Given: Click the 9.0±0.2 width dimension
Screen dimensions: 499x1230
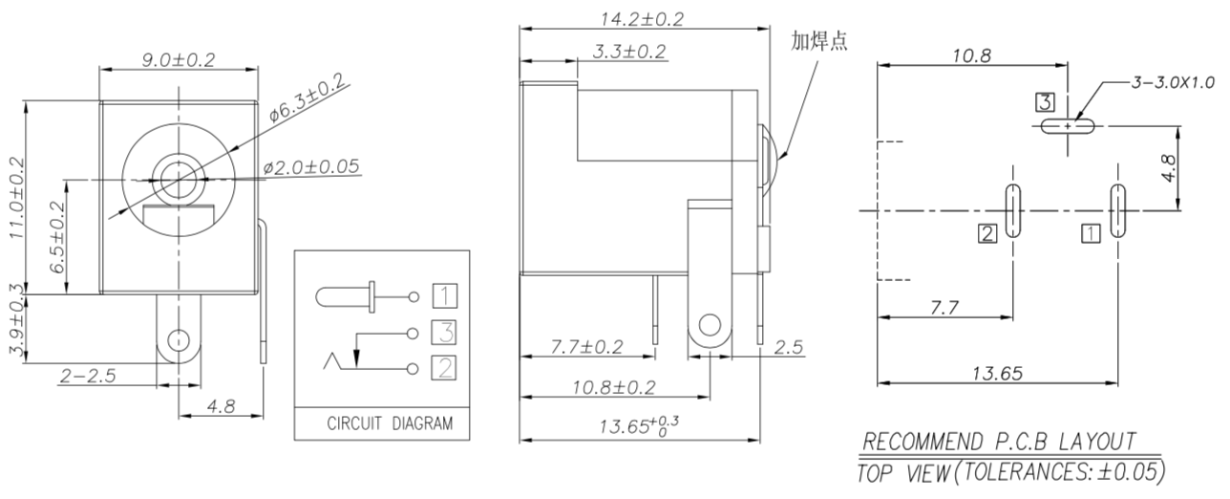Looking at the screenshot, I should pyautogui.click(x=179, y=59).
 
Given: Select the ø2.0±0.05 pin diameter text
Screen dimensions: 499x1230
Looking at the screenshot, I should pyautogui.click(x=311, y=166).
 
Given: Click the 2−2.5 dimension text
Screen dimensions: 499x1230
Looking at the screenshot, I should pyautogui.click(x=88, y=377).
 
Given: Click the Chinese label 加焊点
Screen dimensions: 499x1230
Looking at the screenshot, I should pyautogui.click(x=818, y=40).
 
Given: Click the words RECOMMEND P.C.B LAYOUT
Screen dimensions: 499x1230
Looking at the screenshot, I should pyautogui.click(x=999, y=441).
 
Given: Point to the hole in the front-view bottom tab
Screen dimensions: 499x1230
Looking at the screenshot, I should pyautogui.click(x=178, y=339).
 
